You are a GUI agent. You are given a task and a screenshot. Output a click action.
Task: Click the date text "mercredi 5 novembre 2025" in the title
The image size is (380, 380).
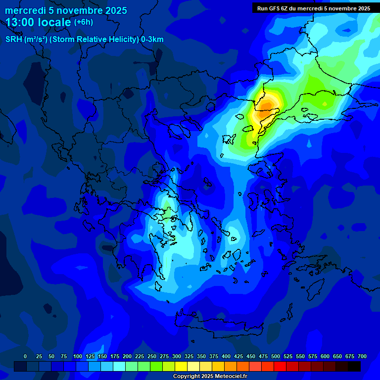[66, 10]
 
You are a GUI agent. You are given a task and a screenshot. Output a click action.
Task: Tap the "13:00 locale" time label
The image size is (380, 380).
[39, 22]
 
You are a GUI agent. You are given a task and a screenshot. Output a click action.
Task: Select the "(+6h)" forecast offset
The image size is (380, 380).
[83, 22]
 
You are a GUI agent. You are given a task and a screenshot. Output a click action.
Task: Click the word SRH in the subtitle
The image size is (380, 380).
[13, 40]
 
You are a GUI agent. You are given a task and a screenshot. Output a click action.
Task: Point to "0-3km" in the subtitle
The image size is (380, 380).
[152, 40]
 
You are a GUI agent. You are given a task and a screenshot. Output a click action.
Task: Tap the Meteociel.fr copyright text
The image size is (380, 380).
[210, 376]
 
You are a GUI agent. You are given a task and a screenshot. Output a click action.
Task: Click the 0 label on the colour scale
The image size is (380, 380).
[25, 356]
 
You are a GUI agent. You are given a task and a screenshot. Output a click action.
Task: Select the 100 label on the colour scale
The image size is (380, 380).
[78, 356]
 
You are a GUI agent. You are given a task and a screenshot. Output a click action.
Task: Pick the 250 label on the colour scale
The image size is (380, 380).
[152, 356]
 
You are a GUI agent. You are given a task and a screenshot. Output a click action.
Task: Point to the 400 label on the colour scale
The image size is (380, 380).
[226, 356]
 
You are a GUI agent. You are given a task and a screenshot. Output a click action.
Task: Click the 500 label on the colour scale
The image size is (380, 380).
[276, 356]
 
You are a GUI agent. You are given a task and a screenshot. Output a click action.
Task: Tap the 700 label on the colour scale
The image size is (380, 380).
[362, 356]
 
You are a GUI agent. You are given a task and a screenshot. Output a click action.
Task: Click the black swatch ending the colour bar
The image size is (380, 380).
[354, 366]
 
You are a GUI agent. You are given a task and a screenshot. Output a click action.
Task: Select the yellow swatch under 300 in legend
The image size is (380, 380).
[181, 366]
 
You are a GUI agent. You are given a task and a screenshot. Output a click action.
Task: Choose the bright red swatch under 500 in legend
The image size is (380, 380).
[280, 366]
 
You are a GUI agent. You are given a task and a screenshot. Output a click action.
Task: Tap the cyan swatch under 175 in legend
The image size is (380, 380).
[119, 366]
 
